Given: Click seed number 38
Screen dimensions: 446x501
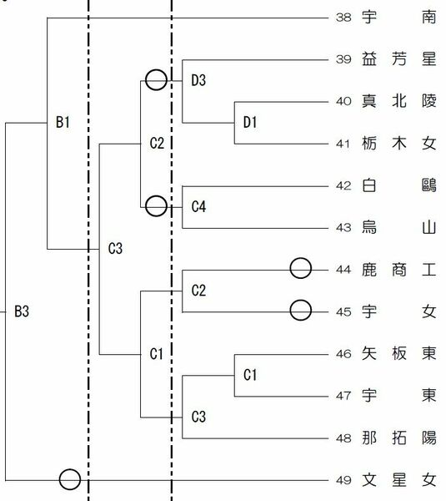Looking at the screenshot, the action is coord(343,18).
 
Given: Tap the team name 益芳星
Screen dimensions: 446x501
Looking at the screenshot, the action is coord(398,59).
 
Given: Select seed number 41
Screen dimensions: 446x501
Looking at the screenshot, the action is coord(343,144).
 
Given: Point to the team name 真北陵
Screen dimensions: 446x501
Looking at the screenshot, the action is coord(398,101).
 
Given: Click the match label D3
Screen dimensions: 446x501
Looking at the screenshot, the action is coord(198,80).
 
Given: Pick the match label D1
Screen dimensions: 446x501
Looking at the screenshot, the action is coord(250,123).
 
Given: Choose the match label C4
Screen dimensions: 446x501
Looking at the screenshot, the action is coord(198,207).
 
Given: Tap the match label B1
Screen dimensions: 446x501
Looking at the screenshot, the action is coord(63,123).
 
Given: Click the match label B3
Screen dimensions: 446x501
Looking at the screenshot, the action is coord(22,311).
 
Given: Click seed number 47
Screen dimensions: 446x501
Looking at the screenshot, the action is coord(343,396).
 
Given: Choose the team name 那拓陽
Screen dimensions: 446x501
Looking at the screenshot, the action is coord(398,438).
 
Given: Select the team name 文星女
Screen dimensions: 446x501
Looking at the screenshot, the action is coord(398,480).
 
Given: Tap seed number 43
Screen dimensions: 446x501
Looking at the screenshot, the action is coord(343,228).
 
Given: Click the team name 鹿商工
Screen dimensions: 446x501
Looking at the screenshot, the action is coord(398,270).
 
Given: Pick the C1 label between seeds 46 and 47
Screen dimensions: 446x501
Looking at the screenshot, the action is coord(250,375).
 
